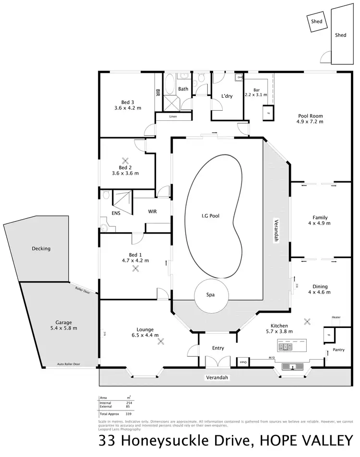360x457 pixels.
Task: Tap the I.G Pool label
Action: point(210,216)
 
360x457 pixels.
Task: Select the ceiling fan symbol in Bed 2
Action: point(125,161)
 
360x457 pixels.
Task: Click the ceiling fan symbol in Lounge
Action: point(161,341)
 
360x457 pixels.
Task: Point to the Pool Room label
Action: point(310,116)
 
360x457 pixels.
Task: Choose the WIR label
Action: point(153,211)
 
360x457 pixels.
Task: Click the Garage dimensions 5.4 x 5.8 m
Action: point(64,328)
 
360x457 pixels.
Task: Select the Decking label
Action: point(41,248)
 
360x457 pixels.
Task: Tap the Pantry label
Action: point(338,350)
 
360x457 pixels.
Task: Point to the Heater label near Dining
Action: point(336,318)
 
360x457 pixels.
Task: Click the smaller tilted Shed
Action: point(316,22)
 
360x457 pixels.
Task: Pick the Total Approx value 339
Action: point(128,413)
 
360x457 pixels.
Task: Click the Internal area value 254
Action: point(128,402)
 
